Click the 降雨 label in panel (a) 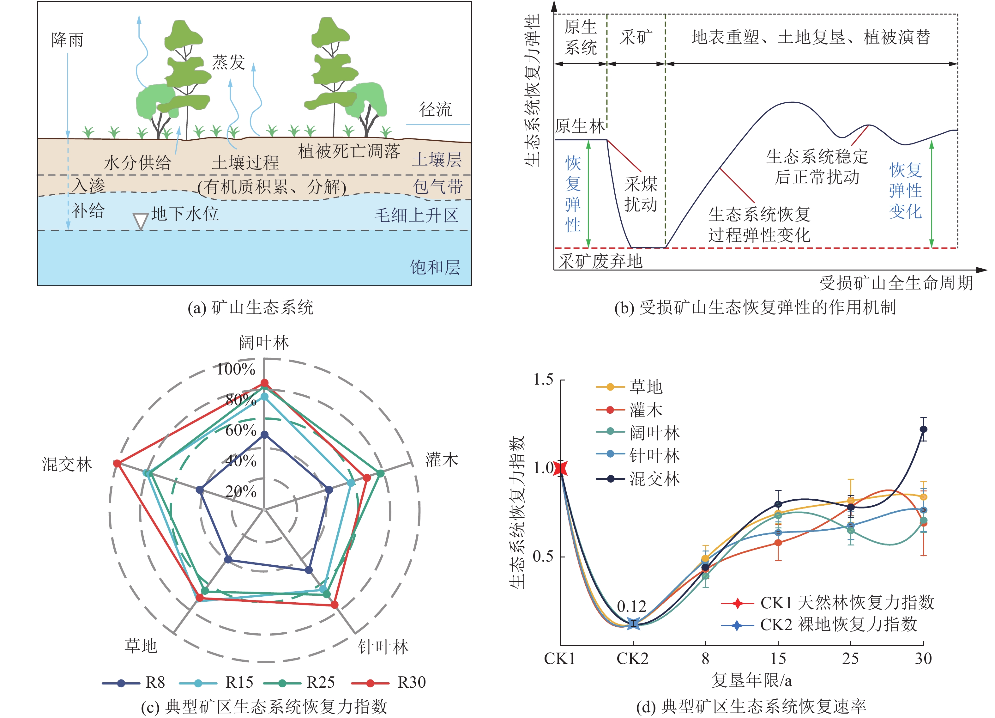click(67, 40)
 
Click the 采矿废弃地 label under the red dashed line click(600, 262)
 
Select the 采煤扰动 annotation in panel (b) click(641, 194)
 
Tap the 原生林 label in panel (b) click(580, 126)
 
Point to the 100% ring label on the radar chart click(236, 369)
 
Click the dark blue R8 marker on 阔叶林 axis click(264, 435)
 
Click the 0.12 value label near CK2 click(631, 606)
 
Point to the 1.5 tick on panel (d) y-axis click(543, 380)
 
